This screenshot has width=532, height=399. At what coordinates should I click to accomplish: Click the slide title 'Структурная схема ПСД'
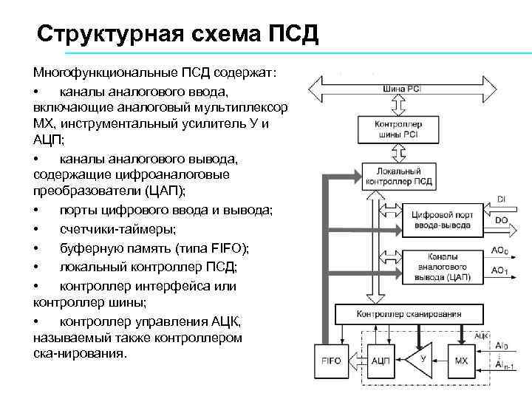pyautogui.click(x=178, y=34)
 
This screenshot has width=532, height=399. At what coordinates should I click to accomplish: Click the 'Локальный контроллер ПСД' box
pyautogui.click(x=400, y=177)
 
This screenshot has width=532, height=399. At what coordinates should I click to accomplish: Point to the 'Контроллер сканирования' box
pyautogui.click(x=409, y=313)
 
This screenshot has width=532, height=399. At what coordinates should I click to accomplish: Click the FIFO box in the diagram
pyautogui.click(x=331, y=360)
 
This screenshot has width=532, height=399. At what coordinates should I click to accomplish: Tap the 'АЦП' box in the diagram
pyautogui.click(x=380, y=360)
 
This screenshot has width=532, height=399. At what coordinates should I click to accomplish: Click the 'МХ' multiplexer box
pyautogui.click(x=461, y=360)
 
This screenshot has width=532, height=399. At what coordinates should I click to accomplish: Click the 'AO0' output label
pyautogui.click(x=500, y=252)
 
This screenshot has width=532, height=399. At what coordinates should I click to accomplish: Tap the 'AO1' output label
pyautogui.click(x=500, y=270)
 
